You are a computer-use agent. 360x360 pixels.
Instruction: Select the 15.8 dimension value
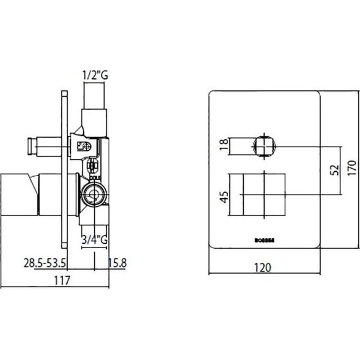(x=118, y=262)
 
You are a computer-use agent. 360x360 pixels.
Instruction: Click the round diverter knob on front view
(x=264, y=146)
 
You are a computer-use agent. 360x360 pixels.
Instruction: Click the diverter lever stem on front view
(x=241, y=146)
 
